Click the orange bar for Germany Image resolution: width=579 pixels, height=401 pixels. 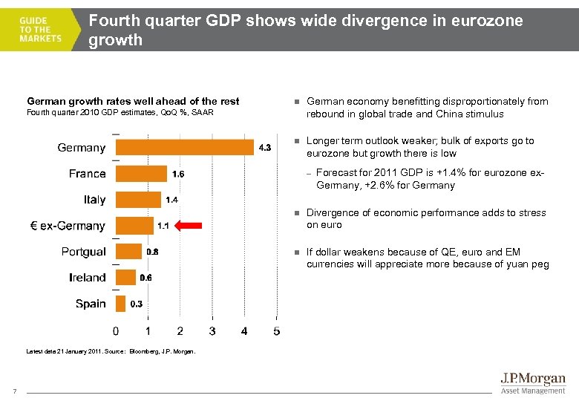coord(184,147)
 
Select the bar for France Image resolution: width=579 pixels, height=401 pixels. coord(141,173)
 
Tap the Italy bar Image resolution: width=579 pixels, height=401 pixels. coord(138,199)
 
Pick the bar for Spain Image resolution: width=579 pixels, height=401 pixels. coord(120,303)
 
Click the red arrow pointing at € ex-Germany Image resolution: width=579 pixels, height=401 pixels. coord(193,225)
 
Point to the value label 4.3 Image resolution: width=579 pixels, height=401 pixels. coord(264,148)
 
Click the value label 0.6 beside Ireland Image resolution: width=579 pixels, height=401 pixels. coord(145,278)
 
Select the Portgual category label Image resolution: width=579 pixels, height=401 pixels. coord(83,252)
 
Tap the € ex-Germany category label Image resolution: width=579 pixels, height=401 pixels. coord(67,226)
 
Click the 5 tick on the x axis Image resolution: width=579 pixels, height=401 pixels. coord(277,330)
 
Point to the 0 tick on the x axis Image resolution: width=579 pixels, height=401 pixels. coord(115,330)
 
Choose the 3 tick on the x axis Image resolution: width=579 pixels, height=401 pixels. coord(212,330)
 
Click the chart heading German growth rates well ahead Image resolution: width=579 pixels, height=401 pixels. coord(133,101)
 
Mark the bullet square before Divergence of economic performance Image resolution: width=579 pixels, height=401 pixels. coord(295,213)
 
